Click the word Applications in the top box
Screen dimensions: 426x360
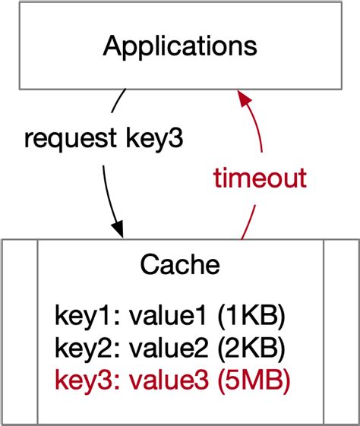tap(180, 46)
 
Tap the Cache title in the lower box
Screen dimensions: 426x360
tap(180, 265)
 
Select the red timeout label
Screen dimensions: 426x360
tap(259, 178)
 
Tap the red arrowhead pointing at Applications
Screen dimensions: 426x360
tap(242, 98)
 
